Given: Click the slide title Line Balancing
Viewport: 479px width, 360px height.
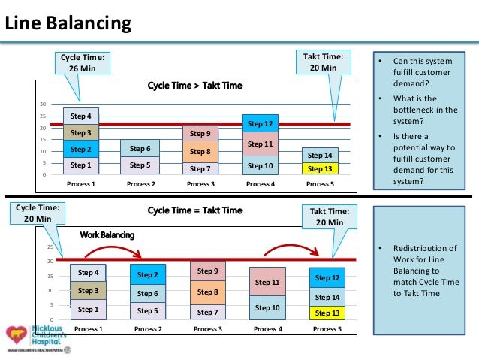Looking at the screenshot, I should (x=68, y=25).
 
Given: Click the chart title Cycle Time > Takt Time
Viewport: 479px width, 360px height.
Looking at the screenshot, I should (x=194, y=86).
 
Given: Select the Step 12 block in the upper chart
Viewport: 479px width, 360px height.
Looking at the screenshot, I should (x=260, y=123).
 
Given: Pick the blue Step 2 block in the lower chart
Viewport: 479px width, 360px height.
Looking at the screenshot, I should (x=147, y=275).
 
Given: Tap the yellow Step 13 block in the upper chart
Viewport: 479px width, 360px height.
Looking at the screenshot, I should (x=320, y=168).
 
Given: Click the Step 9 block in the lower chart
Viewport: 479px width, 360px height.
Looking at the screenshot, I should (x=207, y=271).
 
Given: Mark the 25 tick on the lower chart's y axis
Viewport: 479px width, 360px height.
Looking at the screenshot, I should (x=50, y=247).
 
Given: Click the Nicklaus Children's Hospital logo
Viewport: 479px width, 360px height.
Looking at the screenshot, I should (x=37, y=339).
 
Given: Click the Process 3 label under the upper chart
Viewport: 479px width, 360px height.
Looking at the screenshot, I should (x=200, y=183).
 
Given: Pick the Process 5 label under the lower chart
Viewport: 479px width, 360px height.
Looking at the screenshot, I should (x=327, y=328).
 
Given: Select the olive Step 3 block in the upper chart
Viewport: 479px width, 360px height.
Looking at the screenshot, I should (x=80, y=133).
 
